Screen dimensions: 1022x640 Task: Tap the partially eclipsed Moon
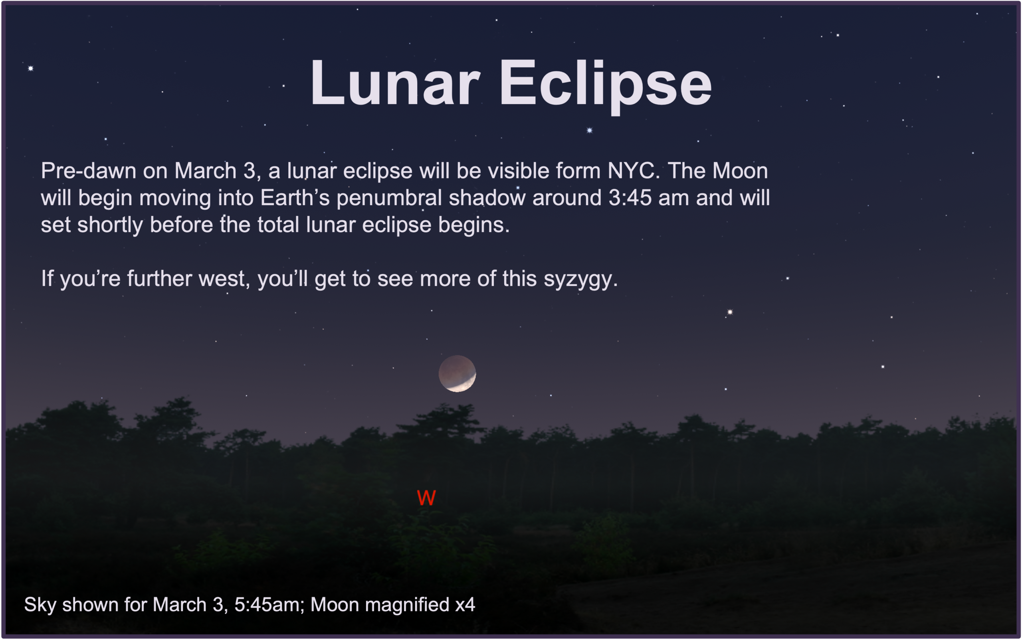click(457, 373)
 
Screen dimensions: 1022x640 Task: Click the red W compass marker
click(426, 498)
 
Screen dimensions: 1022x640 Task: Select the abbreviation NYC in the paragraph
click(634, 171)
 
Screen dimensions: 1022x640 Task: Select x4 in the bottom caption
click(465, 605)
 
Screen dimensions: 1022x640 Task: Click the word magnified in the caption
click(407, 605)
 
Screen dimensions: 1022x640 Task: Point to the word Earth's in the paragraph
click(295, 198)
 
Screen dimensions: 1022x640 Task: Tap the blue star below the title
click(589, 130)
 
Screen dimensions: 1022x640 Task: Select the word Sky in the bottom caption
click(40, 605)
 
